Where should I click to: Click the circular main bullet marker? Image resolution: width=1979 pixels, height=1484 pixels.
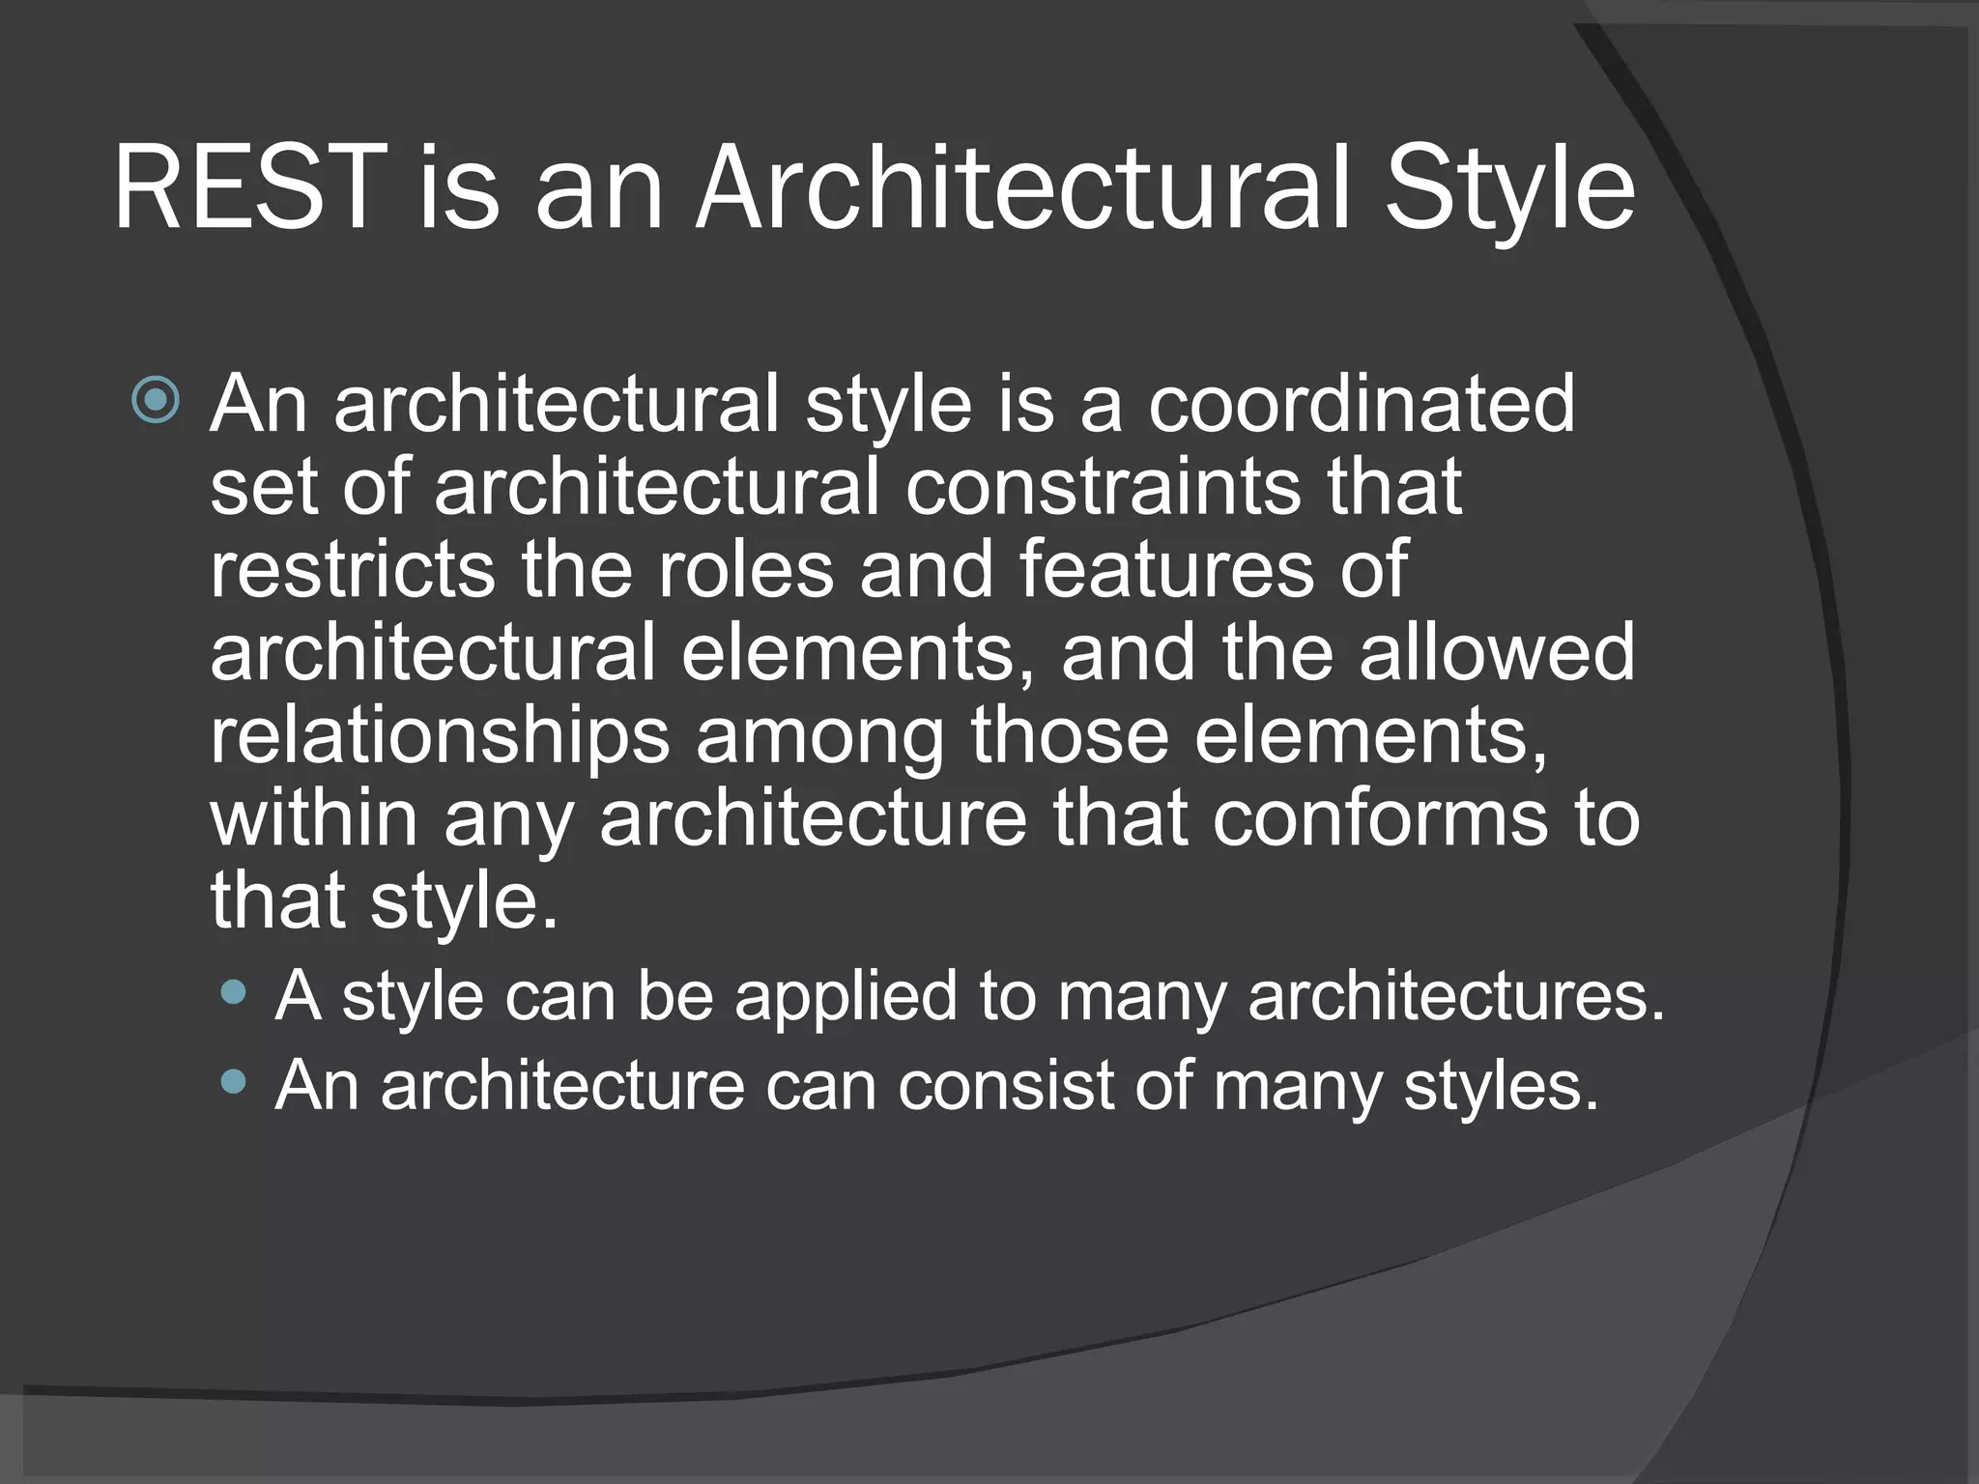click(156, 400)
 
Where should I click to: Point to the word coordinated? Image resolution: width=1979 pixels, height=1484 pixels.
click(1362, 403)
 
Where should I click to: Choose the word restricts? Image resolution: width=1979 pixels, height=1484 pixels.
click(353, 569)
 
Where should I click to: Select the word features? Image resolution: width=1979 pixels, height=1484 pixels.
click(1165, 569)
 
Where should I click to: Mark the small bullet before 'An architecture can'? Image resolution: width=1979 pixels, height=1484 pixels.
click(233, 1080)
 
